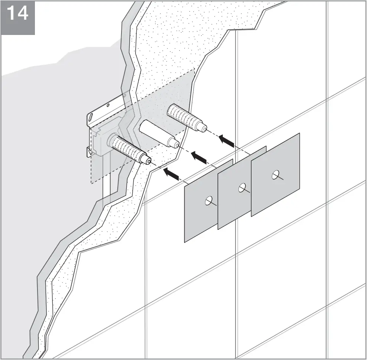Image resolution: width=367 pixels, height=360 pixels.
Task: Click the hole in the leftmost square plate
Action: tap(208, 201)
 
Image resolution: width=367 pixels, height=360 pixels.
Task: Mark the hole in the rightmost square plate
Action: tap(275, 174)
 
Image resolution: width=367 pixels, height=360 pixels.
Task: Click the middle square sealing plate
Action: tap(238, 208)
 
